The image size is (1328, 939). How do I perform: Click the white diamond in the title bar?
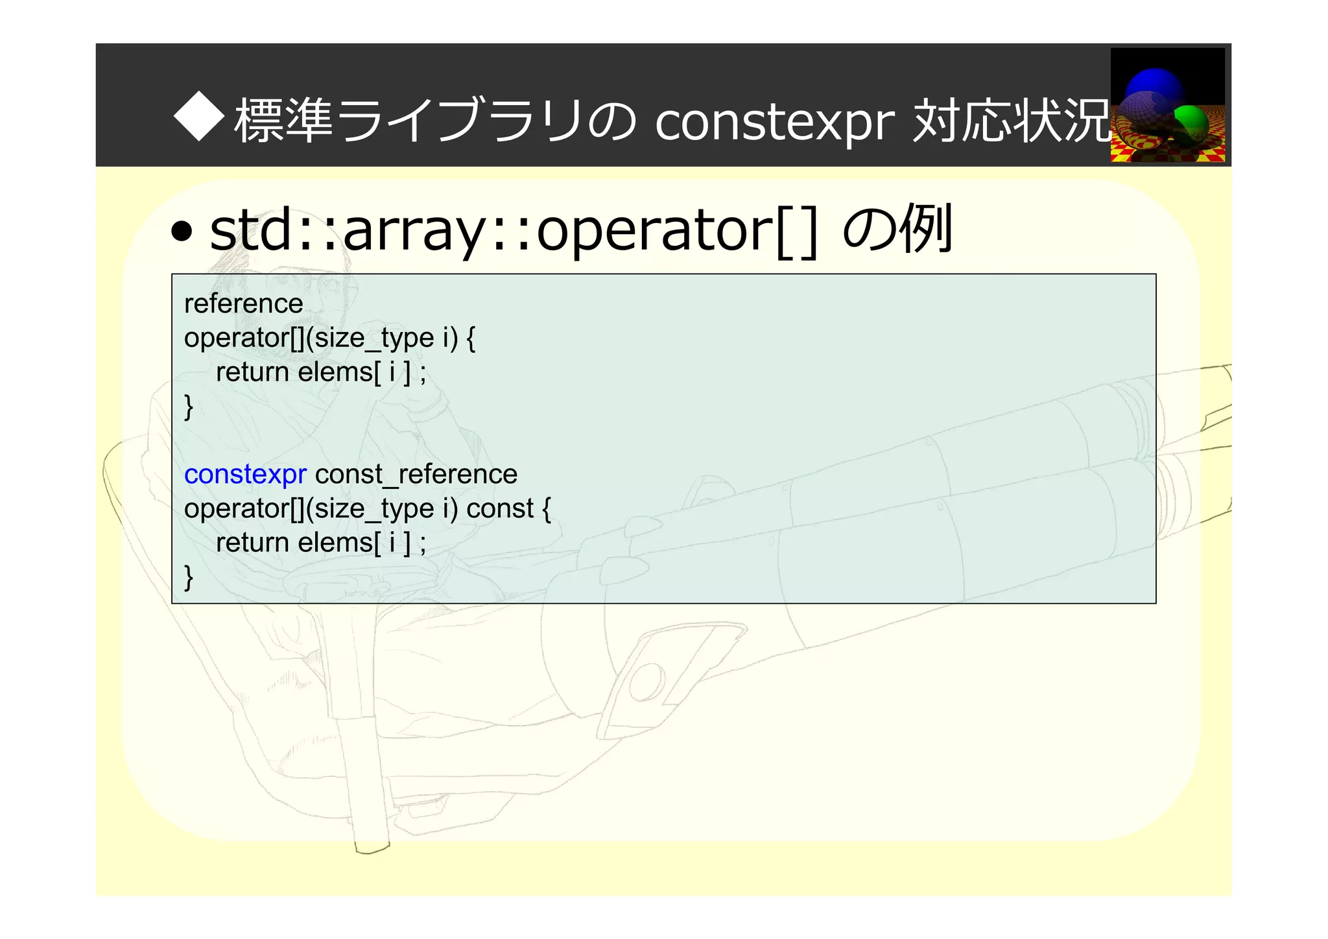click(199, 118)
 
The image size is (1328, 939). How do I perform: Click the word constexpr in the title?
click(774, 121)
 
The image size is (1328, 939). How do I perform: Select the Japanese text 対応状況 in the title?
click(1012, 121)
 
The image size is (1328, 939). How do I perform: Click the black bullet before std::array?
click(182, 232)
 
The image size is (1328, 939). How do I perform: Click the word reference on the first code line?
click(243, 303)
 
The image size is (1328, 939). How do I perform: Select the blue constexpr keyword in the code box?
click(244, 474)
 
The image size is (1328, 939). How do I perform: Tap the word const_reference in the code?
click(416, 474)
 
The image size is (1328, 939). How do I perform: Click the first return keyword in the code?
click(252, 372)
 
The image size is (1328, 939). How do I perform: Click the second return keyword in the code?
click(252, 543)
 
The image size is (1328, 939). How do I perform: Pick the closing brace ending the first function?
click(189, 407)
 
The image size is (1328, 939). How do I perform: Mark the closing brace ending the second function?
click(189, 576)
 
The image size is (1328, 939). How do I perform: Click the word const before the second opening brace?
click(499, 508)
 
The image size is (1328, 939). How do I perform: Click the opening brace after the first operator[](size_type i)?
click(471, 339)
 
